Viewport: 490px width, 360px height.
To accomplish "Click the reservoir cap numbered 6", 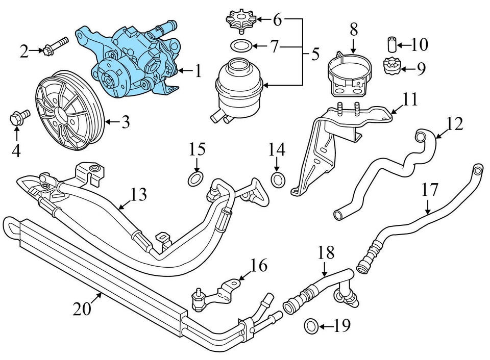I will click(x=240, y=21).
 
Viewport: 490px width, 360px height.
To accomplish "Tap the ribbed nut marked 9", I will click(x=391, y=67).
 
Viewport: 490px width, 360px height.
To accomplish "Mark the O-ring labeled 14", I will click(x=277, y=179).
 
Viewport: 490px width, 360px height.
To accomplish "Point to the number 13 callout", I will click(x=138, y=194).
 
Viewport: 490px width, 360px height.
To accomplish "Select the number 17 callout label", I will click(x=430, y=190).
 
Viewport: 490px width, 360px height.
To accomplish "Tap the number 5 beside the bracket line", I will click(x=315, y=53).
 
